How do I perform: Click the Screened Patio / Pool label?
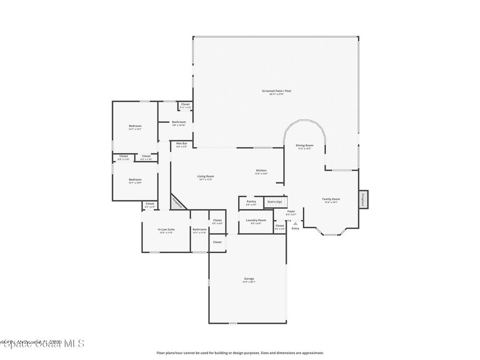pos(276,91)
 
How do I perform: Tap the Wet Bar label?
pos(181,143)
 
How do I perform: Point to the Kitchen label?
pos(261,170)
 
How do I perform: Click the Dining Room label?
pos(304,145)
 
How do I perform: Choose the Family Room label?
pos(331,199)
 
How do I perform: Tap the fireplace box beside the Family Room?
pos(363,199)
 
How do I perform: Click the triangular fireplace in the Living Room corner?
pos(177,202)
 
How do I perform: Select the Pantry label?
pos(251,202)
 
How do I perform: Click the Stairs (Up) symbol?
pos(275,202)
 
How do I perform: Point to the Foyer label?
pos(291,211)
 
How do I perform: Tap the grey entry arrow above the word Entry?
pos(295,224)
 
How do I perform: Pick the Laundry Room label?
pos(256,220)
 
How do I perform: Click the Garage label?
pos(248,279)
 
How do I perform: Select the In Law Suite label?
pos(166,229)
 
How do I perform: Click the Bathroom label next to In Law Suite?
pos(199,229)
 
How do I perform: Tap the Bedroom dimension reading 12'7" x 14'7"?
pos(135,129)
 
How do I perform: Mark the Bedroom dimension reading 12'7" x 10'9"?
pos(135,183)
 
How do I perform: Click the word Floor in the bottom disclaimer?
pos(160,353)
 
